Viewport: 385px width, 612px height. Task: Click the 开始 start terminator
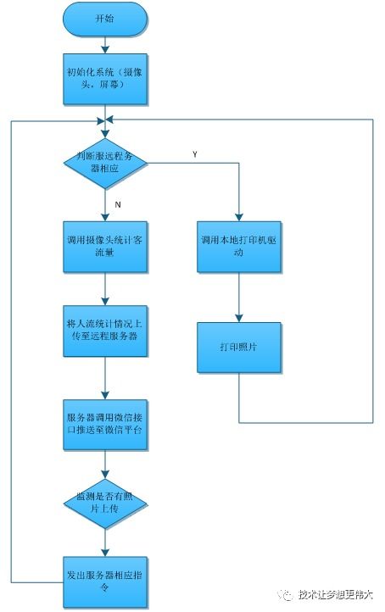pyautogui.click(x=104, y=19)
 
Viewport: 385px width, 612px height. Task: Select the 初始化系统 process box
pyautogui.click(x=104, y=79)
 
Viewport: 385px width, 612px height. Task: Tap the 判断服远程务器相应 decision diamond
pyautogui.click(x=104, y=162)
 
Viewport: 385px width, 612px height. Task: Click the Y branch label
pyautogui.click(x=194, y=155)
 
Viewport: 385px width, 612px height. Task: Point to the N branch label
pyautogui.click(x=118, y=203)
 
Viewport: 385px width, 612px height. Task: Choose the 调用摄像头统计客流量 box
pyautogui.click(x=104, y=247)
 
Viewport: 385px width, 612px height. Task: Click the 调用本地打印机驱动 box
pyautogui.click(x=239, y=247)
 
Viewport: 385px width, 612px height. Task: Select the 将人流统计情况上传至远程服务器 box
pyautogui.click(x=104, y=330)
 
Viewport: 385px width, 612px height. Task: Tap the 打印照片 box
pyautogui.click(x=239, y=347)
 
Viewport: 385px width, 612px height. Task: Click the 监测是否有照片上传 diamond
pyautogui.click(x=104, y=504)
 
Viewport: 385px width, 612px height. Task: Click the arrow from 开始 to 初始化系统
pyautogui.click(x=104, y=44)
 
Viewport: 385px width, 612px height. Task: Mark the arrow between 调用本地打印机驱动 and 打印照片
pyautogui.click(x=239, y=297)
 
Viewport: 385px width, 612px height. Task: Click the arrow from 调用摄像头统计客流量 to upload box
pyautogui.click(x=104, y=288)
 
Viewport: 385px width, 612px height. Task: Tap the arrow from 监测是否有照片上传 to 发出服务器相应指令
pyautogui.click(x=104, y=542)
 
